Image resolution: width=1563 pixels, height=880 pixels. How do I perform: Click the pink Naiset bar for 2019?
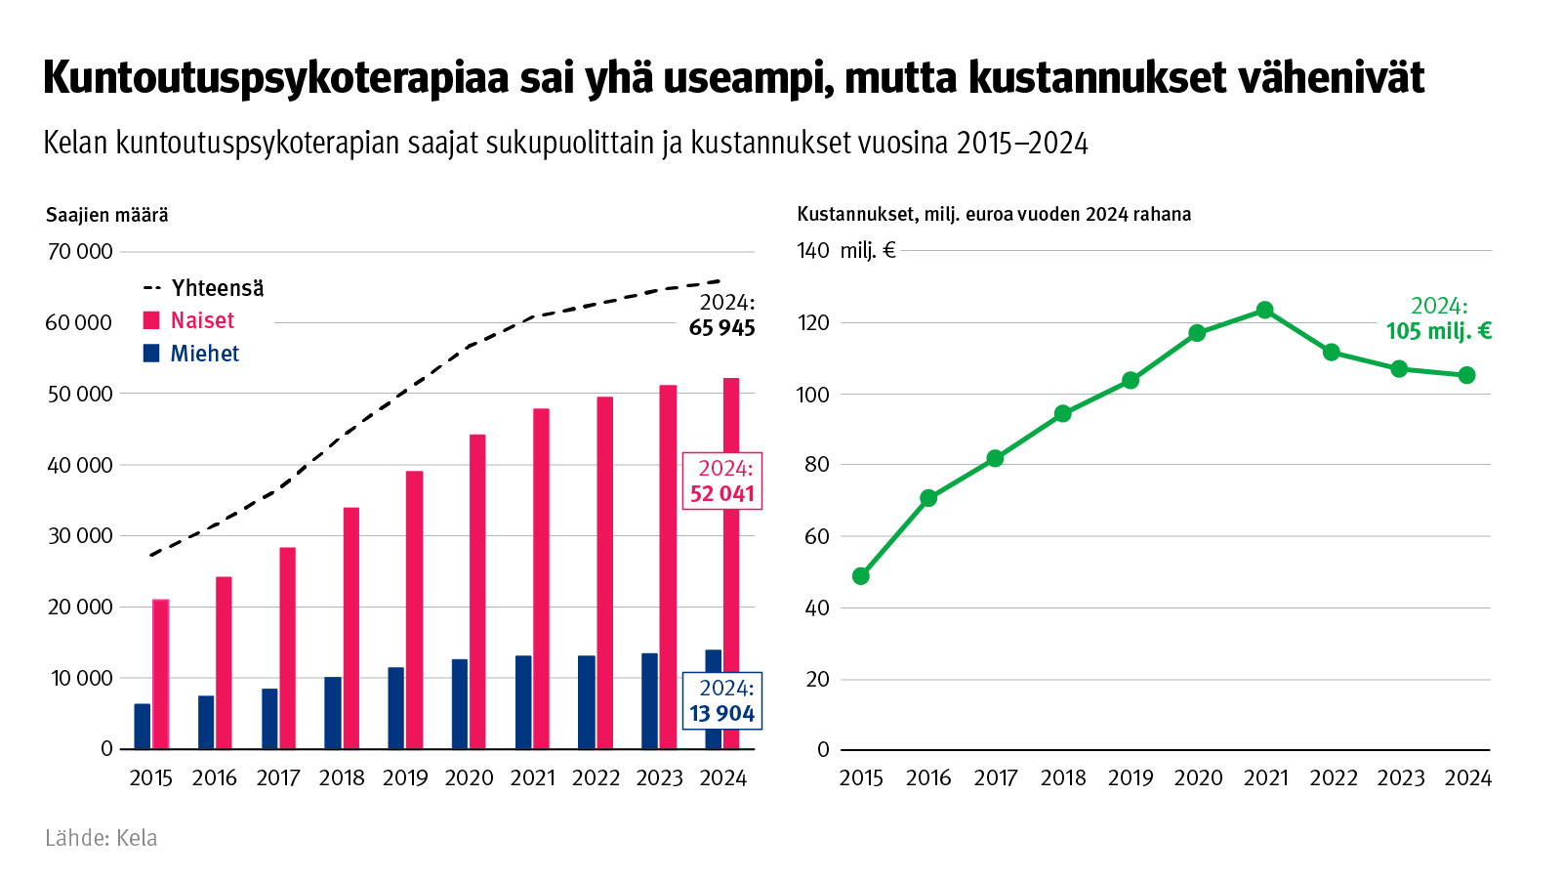coord(415,609)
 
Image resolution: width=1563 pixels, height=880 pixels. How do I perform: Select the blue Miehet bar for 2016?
coord(206,722)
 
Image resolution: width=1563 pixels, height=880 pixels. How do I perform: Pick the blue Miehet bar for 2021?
coord(523,701)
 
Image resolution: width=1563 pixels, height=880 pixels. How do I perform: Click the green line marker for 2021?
coord(1264,311)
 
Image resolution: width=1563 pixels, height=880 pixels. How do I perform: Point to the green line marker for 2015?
coord(860,576)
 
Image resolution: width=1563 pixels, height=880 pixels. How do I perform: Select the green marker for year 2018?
coord(1062,414)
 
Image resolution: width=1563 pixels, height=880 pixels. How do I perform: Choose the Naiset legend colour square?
coord(151,320)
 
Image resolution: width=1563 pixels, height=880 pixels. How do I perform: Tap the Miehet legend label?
coord(204,354)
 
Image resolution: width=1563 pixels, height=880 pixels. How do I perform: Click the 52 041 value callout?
coord(722,482)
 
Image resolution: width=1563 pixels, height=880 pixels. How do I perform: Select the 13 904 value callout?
coord(722,701)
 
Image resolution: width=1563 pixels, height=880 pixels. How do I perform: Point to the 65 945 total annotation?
coord(722,315)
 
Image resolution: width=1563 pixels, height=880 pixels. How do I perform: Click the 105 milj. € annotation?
coord(1438,319)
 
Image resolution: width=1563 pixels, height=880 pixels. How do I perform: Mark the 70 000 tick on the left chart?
coord(80,252)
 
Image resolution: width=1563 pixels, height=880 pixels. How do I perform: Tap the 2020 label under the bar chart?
coord(469,778)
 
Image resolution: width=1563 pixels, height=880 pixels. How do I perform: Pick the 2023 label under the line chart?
coord(1400,778)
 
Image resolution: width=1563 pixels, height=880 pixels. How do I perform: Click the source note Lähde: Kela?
coord(102,838)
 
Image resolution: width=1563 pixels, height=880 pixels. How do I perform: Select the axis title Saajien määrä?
coord(107,215)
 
